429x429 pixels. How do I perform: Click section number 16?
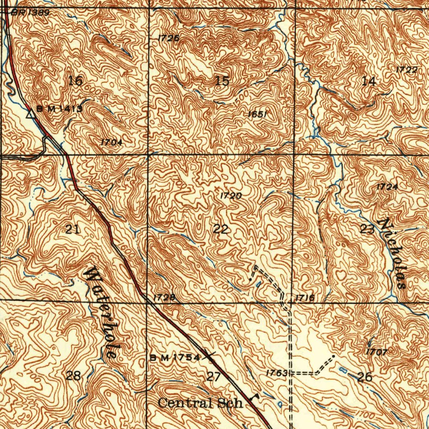pos(75,81)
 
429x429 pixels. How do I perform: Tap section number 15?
pos(222,81)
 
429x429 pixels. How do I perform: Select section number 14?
pos(369,81)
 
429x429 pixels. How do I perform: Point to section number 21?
pos(73,229)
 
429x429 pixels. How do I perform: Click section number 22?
pos(221,229)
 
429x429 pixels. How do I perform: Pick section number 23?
pos(367,229)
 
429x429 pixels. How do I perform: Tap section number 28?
pos(73,375)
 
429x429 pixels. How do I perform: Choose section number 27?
pos(214,376)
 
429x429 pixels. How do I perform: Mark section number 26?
pos(365,377)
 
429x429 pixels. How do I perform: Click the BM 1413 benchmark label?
pos(59,109)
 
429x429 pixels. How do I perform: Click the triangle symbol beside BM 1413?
pos(30,113)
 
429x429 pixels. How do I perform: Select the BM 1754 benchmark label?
pos(175,357)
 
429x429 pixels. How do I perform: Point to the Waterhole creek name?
pos(101,312)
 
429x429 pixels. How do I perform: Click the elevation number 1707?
pos(376,352)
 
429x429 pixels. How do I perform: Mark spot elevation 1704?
pos(111,142)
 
